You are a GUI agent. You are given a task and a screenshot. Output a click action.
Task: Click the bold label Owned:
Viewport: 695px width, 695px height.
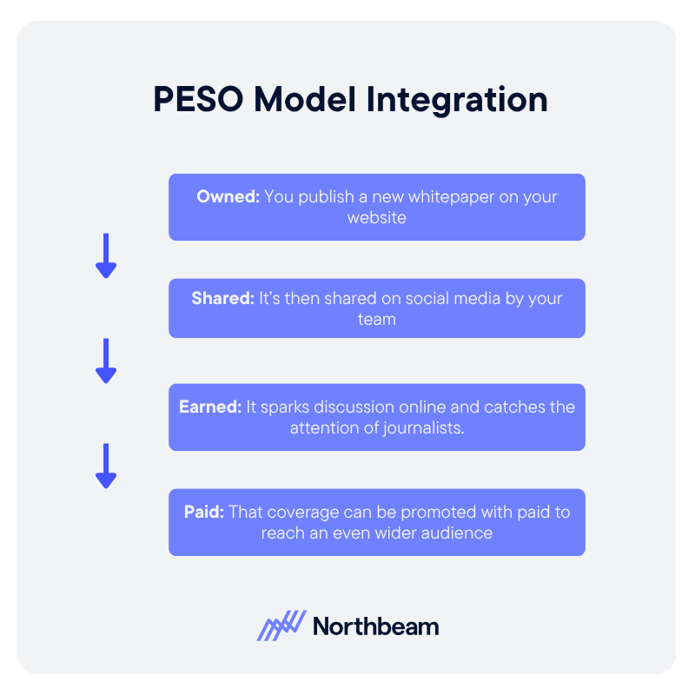[x=228, y=197]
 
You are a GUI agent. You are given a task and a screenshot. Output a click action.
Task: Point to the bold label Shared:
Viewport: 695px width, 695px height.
[x=222, y=299]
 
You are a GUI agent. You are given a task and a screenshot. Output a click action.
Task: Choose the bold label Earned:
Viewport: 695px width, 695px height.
[x=210, y=407]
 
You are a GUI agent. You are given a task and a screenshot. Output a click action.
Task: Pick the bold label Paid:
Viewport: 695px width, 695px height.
[x=204, y=512]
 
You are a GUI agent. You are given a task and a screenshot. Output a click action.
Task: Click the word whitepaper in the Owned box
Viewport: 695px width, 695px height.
[x=446, y=197]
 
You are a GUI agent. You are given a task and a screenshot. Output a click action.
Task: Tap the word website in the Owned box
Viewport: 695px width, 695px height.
[x=377, y=218]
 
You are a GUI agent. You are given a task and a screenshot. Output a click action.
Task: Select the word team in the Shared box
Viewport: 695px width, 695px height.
[x=377, y=320]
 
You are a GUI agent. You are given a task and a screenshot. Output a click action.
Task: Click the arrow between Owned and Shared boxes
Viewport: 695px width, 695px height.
[x=106, y=256]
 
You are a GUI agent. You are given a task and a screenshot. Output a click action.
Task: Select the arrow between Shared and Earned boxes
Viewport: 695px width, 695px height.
[x=106, y=361]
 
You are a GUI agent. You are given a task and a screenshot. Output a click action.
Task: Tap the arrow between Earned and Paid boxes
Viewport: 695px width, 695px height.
[x=106, y=467]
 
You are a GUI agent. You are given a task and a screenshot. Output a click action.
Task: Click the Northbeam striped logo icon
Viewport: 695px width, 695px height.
[x=281, y=625]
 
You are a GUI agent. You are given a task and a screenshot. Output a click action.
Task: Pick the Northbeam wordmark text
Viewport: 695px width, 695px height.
[x=375, y=626]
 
